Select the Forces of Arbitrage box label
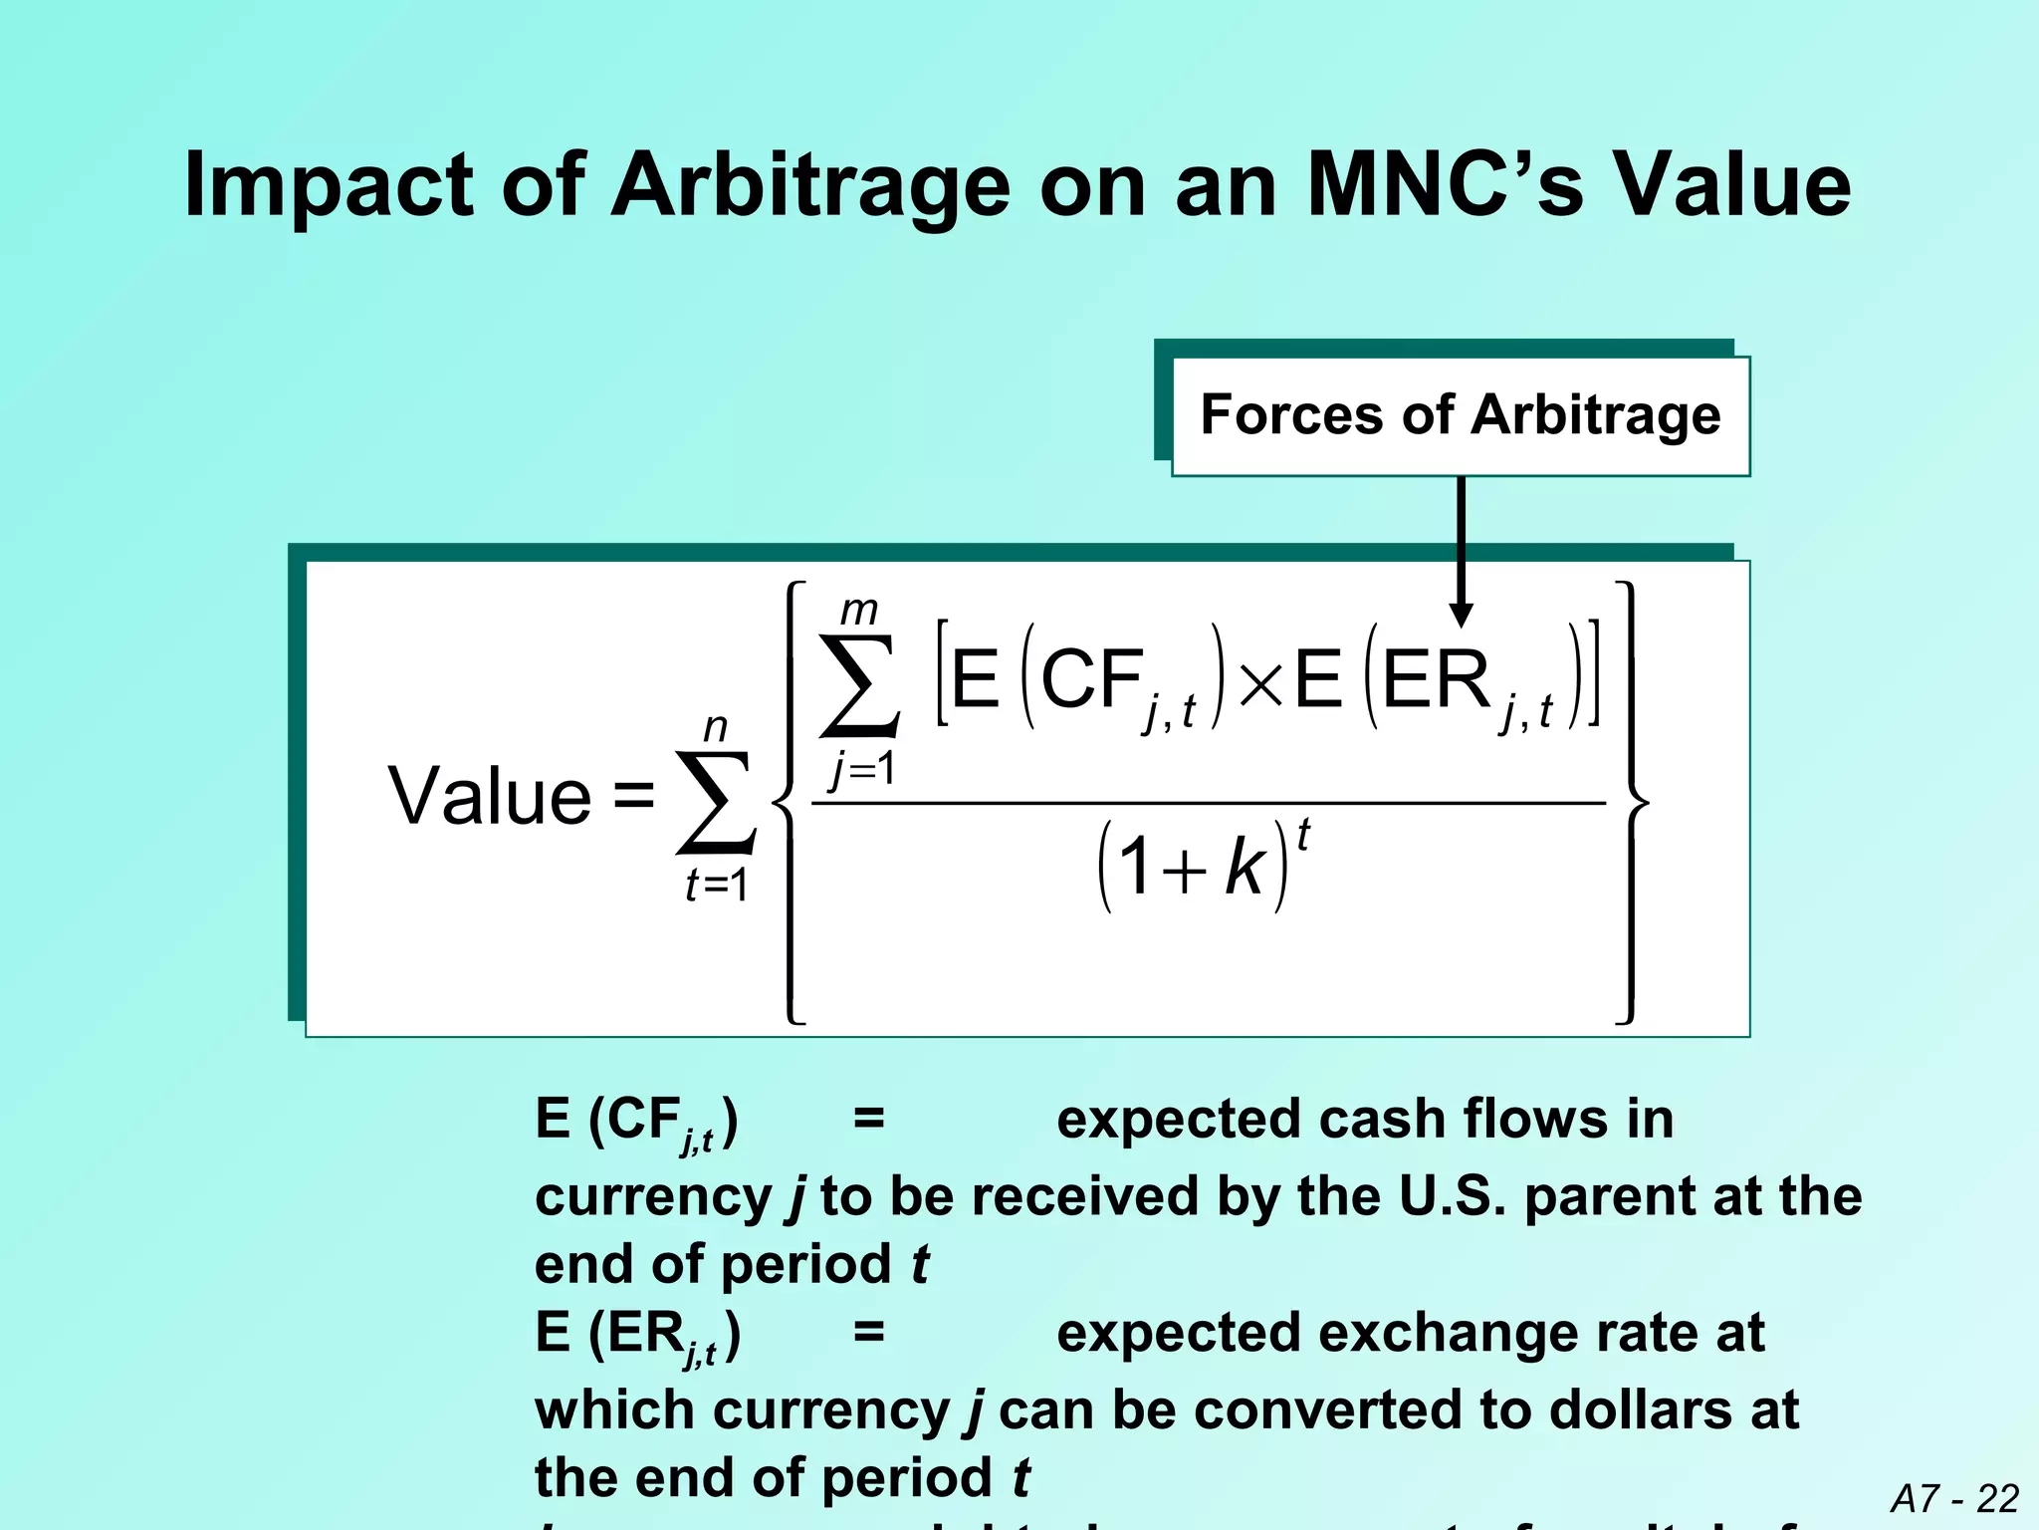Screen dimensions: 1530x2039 tap(1461, 415)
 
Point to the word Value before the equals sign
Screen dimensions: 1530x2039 tap(490, 796)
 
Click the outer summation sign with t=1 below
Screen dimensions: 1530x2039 tap(716, 803)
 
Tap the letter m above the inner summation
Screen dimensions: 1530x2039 tap(858, 610)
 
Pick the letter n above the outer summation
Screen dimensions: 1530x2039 tap(715, 728)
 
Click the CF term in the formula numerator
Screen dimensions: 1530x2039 tap(1092, 681)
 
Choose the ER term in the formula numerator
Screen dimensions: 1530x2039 tap(1436, 681)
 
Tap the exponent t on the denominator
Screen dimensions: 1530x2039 tap(1303, 835)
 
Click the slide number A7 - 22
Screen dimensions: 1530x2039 tap(1954, 1498)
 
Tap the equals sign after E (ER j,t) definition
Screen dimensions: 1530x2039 tap(868, 1332)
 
